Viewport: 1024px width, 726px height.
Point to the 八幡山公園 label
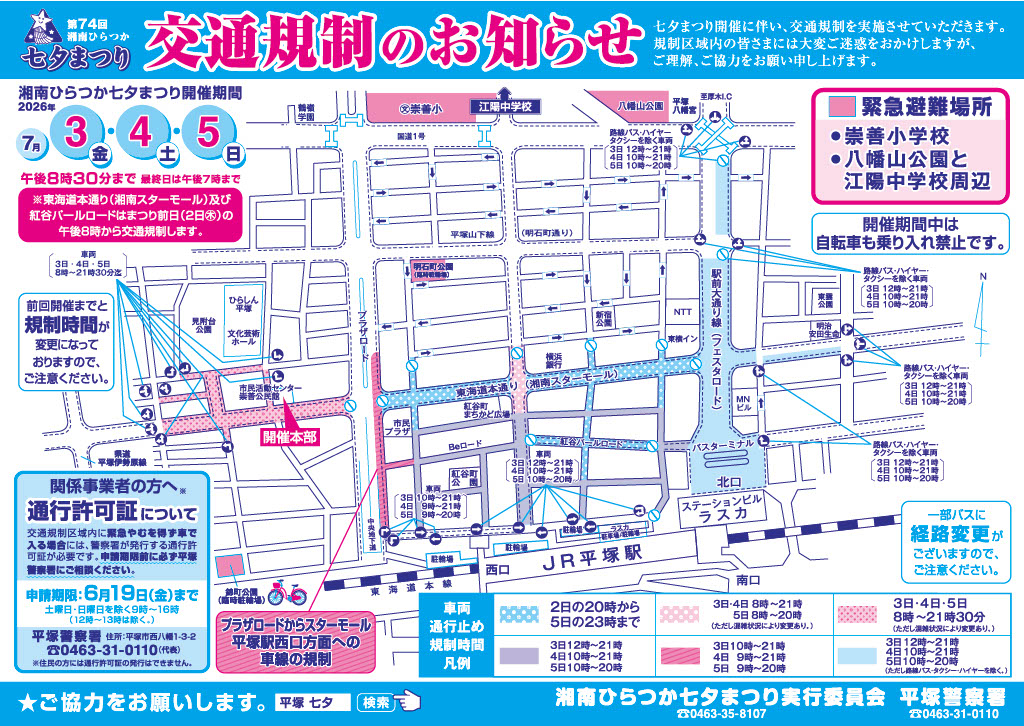[640, 105]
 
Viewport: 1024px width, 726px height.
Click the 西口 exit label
[497, 568]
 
